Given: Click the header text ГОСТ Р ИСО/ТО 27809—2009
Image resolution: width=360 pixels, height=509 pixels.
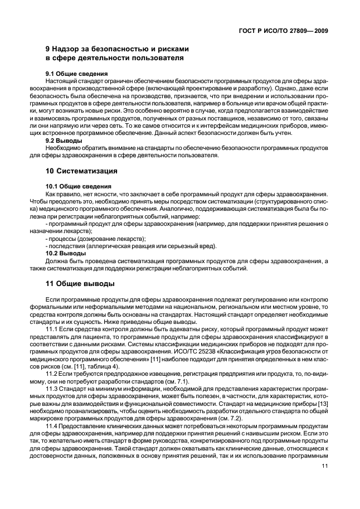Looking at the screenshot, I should (x=282, y=31).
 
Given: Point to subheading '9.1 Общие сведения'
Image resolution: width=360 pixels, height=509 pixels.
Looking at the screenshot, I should (x=76, y=74).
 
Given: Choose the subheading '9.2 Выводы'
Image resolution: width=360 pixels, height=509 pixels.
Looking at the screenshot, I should (x=64, y=141).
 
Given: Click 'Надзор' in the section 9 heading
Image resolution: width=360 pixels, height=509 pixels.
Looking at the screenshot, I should (x=68, y=48).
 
